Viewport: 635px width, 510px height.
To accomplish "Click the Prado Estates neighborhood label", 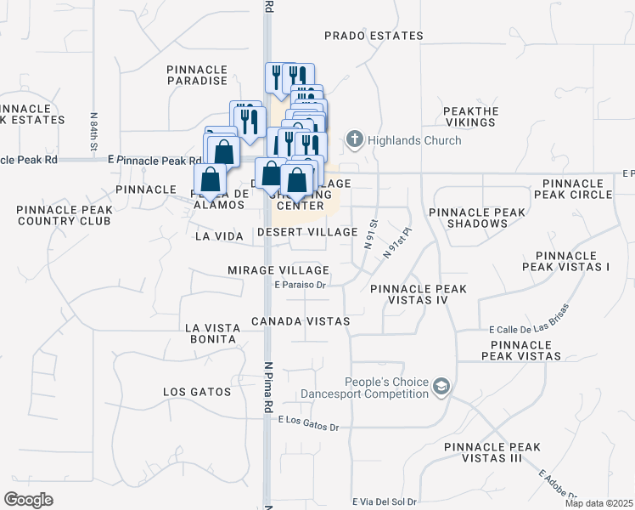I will (x=374, y=36).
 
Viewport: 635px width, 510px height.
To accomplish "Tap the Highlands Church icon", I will (x=354, y=139).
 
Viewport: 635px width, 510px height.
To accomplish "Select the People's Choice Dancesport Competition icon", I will (x=441, y=388).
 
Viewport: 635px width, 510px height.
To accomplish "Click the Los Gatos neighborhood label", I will (x=197, y=392).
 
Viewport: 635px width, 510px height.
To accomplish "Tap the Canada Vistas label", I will (x=301, y=321).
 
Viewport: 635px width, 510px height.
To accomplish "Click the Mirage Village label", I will (x=278, y=269).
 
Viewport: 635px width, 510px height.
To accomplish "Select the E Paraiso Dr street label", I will (x=300, y=286).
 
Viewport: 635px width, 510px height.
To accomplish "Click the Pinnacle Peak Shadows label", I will (x=468, y=218).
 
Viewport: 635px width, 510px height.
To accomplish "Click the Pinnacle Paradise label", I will (x=197, y=75).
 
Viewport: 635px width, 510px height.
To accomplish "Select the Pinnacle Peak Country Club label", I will (x=63, y=215).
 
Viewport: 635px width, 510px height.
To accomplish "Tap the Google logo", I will (x=29, y=500).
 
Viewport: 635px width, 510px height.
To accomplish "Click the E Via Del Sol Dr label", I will (x=385, y=501).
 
